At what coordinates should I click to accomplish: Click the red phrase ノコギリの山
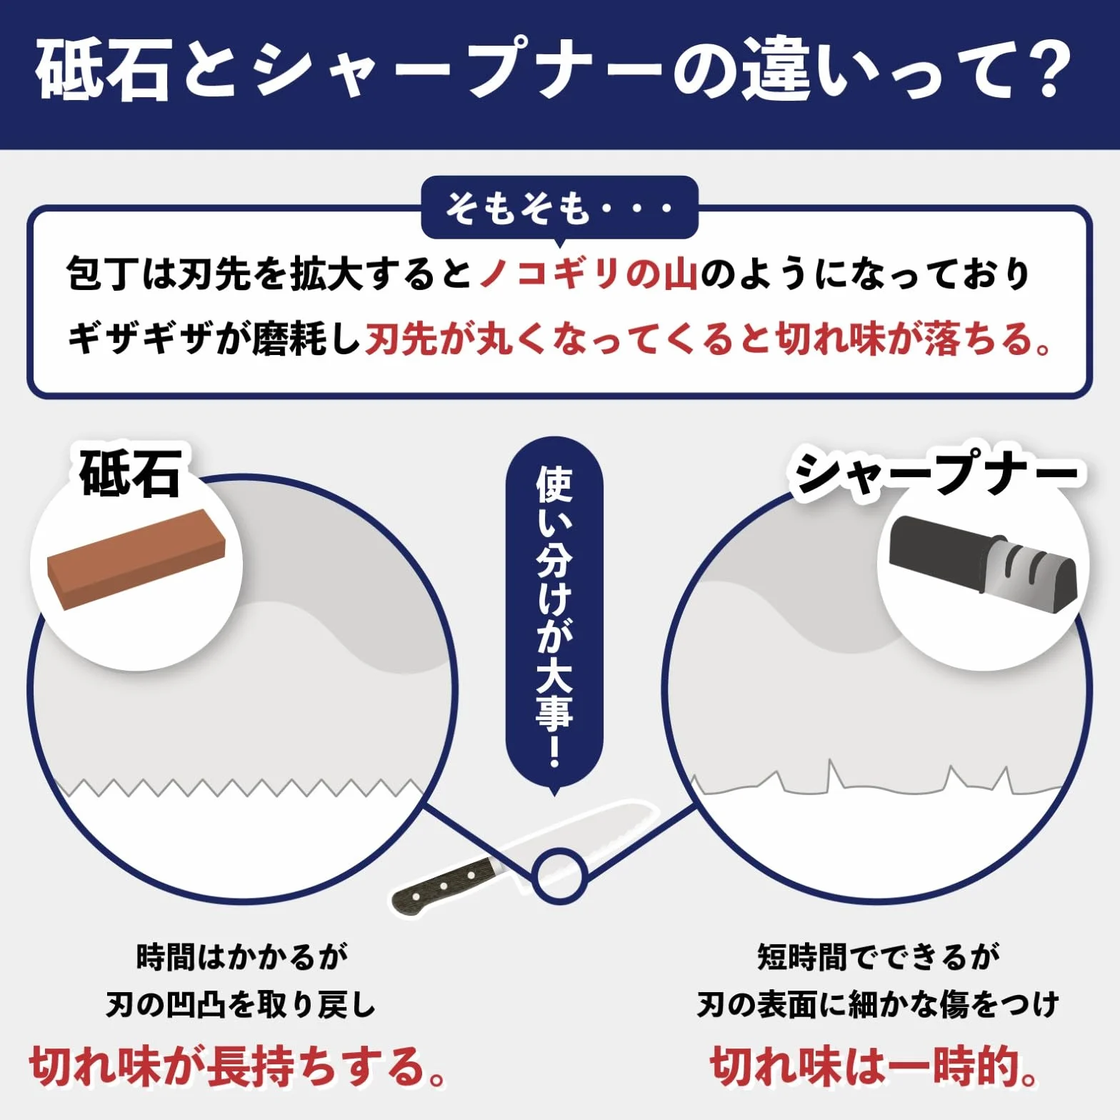(589, 274)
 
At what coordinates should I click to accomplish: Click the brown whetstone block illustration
(136, 558)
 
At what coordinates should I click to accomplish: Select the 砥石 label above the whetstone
(130, 473)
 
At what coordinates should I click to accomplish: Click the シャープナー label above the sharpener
(936, 471)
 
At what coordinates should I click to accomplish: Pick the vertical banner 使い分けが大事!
(554, 614)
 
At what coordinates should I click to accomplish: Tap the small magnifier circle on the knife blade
(560, 874)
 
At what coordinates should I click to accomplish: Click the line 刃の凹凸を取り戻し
(241, 1006)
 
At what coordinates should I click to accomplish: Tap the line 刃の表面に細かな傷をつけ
(878, 1006)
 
